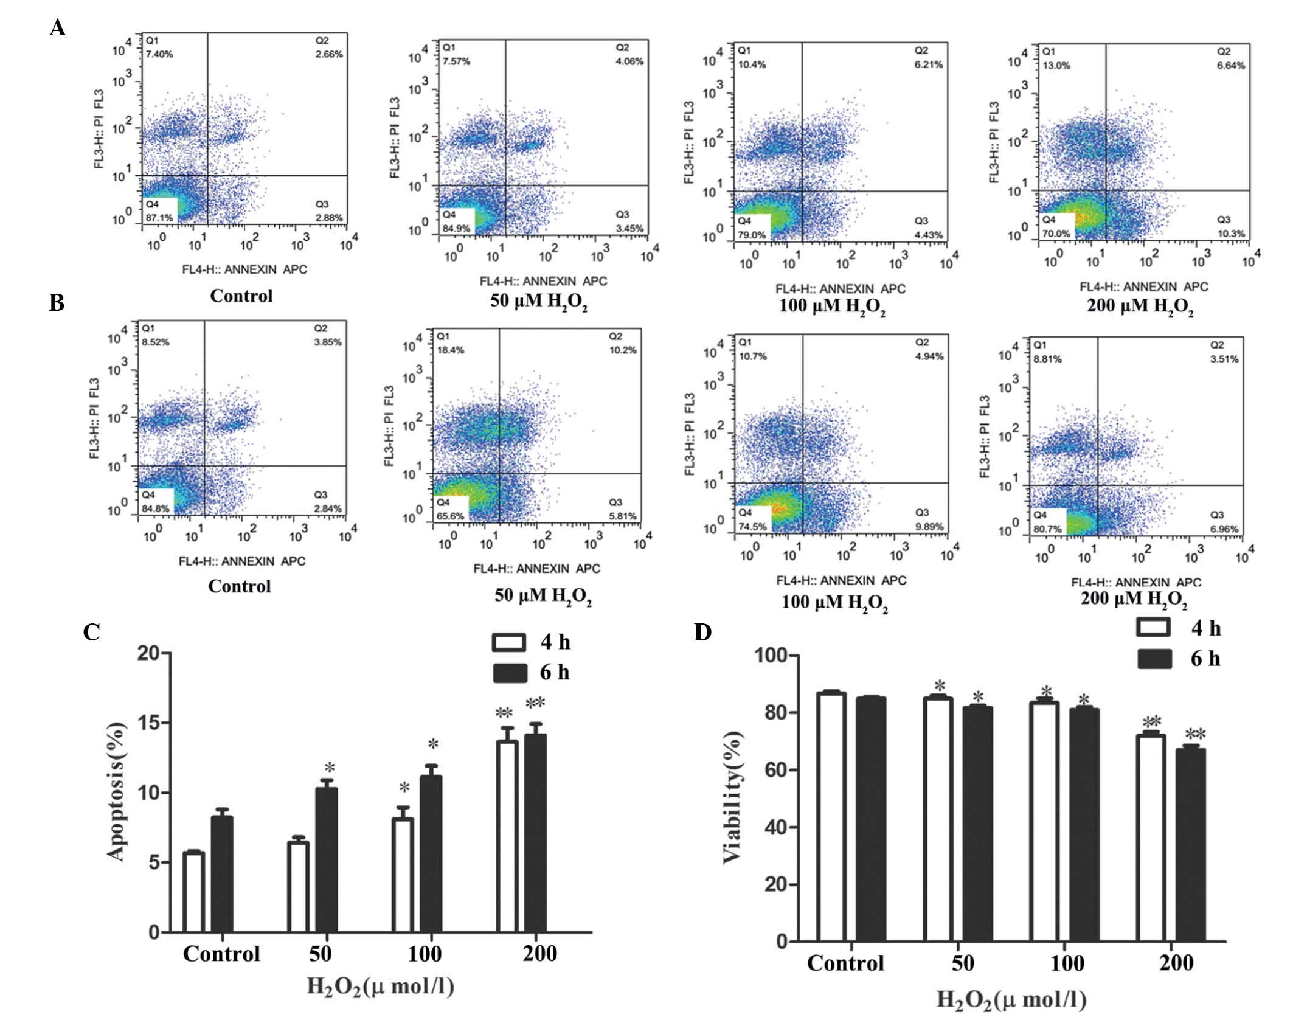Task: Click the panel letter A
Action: (58, 28)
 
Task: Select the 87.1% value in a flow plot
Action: (159, 217)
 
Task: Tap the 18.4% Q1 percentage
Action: (450, 350)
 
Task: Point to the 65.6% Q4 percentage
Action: (450, 516)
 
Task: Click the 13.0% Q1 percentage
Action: (1055, 65)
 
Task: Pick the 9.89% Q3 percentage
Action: (929, 526)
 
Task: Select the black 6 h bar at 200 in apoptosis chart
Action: (535, 833)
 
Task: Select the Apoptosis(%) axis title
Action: (117, 792)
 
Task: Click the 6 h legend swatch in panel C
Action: (509, 673)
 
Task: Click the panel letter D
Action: (702, 633)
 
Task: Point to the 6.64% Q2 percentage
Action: (1231, 65)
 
